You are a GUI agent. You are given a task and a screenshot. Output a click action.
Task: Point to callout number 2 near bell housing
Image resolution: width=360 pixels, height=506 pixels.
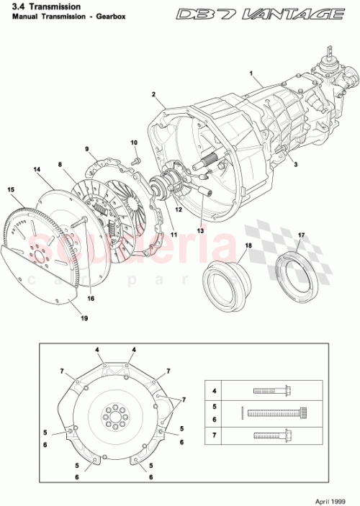pos(154,94)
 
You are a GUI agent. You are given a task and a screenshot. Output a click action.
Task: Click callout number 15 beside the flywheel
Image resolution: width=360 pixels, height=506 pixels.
pos(11,189)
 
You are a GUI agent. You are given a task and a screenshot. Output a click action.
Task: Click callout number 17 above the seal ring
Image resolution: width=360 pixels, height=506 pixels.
pos(301,235)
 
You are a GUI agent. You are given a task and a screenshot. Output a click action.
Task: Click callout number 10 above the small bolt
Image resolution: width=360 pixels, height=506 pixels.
pos(134,143)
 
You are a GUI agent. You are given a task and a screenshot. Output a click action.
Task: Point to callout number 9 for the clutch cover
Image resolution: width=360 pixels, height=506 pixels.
pos(87,149)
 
